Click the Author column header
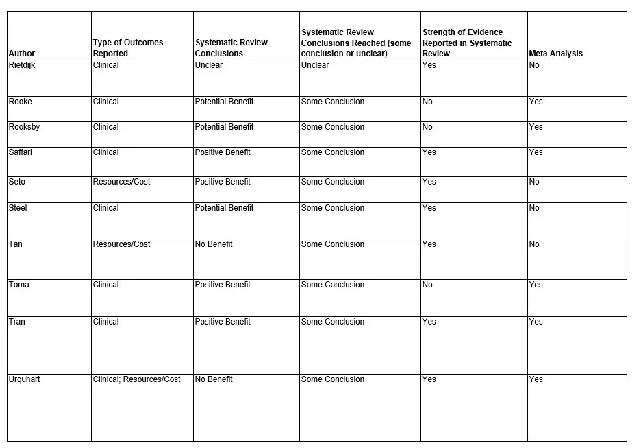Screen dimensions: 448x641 pos(22,54)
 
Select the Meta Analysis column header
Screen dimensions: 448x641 pos(555,54)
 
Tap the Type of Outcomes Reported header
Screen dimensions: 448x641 pos(128,48)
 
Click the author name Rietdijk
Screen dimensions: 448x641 pos(22,65)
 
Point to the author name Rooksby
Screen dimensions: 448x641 pos(25,127)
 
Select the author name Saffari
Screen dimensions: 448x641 pos(21,152)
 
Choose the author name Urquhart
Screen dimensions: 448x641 pos(25,379)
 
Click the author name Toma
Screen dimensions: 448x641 pos(19,285)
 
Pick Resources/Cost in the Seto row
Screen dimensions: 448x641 pos(122,182)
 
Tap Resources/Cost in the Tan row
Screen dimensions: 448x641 pos(122,244)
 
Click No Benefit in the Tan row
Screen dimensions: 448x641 pos(214,244)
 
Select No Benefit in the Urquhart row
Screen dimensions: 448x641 pos(214,379)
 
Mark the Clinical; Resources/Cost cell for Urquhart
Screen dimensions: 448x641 pos(137,379)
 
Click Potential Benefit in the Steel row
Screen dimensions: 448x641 pos(224,208)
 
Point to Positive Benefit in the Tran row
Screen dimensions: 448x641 pos(223,322)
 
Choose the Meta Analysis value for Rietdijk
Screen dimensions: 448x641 pos(534,65)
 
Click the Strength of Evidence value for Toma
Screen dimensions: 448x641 pos(427,285)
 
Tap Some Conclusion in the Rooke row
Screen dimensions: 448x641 pos(333,102)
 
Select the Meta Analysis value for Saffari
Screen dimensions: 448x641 pos(536,152)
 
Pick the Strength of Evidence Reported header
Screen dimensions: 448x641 pos(467,43)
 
